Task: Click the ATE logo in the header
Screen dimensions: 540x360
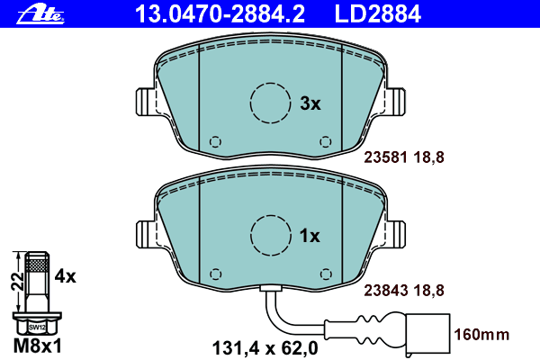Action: (40, 14)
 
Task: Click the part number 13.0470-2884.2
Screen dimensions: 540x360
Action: (220, 14)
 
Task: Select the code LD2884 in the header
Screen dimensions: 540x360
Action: (378, 14)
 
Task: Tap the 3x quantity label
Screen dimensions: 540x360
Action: (310, 103)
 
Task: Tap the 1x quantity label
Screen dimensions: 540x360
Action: (310, 237)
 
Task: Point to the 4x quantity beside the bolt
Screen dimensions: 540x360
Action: (66, 276)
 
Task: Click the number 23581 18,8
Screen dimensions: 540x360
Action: (404, 157)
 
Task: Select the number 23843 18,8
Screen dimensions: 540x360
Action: (404, 291)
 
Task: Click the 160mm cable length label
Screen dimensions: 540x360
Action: (481, 335)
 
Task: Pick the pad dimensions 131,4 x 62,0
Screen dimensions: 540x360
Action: (265, 348)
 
